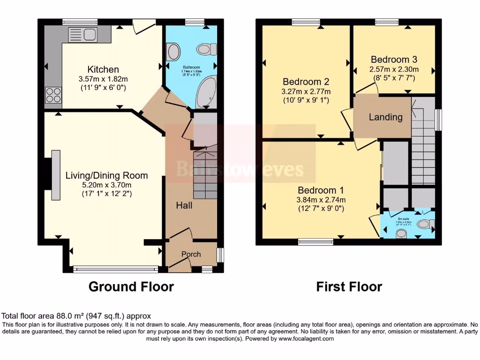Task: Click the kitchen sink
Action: (x=82, y=35)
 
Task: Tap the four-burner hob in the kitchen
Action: (x=53, y=96)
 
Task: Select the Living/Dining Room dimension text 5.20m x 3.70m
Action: (x=106, y=185)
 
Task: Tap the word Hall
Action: (x=184, y=205)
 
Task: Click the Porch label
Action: (x=191, y=254)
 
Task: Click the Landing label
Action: (x=385, y=117)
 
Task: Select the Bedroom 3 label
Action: (x=394, y=60)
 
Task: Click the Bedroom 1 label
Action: (x=321, y=190)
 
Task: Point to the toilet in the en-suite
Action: (x=424, y=225)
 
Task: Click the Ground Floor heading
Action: (x=131, y=286)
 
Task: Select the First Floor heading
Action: (x=349, y=286)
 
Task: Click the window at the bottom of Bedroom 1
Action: (x=315, y=242)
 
